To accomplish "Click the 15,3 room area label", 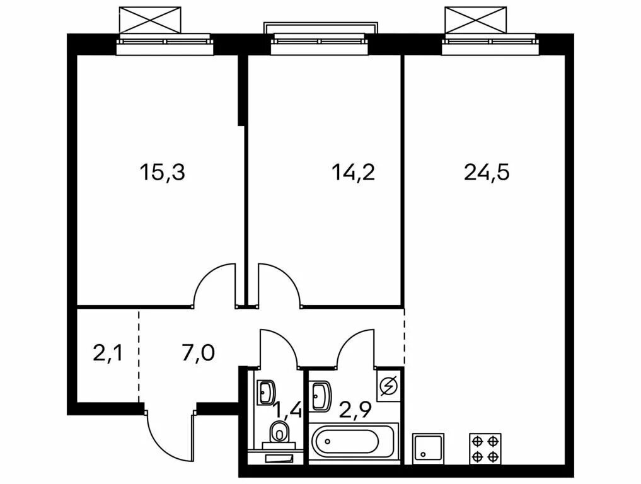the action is [162, 172].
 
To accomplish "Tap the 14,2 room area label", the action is [353, 172].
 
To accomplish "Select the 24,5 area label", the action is [487, 172].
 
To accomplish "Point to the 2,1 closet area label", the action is [108, 353].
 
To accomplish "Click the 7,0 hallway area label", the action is [199, 353].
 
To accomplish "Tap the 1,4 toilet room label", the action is [288, 410].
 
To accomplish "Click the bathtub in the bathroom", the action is [354, 441].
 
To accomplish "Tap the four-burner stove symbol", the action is [485, 449].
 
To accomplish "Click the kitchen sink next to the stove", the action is [428, 449].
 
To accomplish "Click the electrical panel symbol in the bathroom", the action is [388, 386].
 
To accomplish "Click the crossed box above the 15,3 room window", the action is [150, 20].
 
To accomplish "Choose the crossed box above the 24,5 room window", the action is [475, 20].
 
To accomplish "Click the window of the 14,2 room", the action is [320, 42].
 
